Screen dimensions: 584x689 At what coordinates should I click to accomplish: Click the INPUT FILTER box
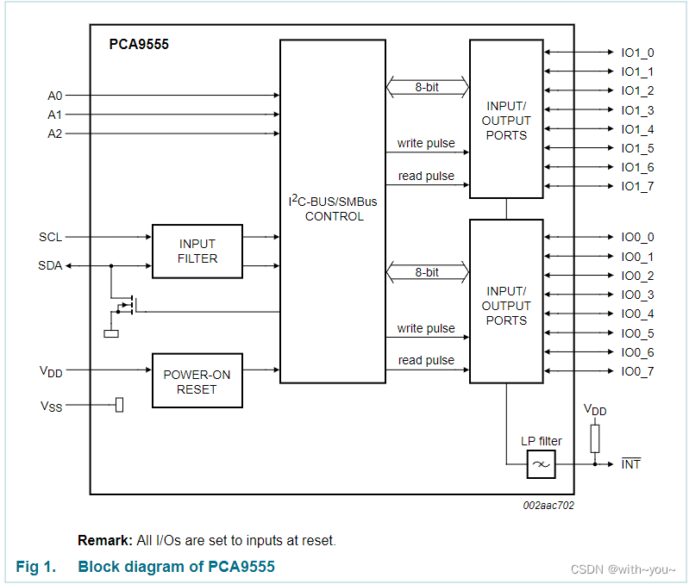(x=197, y=252)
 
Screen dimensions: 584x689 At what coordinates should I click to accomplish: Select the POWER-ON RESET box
(x=197, y=381)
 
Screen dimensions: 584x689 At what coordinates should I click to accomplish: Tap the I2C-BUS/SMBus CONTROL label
(x=334, y=208)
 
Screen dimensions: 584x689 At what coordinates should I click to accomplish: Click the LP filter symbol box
(x=541, y=465)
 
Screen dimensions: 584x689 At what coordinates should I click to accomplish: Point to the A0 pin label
(x=55, y=96)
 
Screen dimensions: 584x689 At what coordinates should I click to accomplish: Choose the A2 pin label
(x=55, y=134)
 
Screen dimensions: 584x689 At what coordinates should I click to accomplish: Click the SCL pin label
(x=51, y=237)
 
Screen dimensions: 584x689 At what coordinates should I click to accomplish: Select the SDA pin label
(x=51, y=265)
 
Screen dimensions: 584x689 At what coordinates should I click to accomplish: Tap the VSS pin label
(x=51, y=406)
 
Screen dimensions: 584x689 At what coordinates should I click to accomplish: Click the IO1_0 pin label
(x=637, y=53)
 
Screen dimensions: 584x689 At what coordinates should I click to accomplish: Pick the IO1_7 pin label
(x=637, y=186)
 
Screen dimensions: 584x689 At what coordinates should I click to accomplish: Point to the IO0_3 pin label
(x=637, y=295)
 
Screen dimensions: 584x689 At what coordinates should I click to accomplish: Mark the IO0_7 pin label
(x=637, y=371)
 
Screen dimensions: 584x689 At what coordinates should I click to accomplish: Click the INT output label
(x=631, y=464)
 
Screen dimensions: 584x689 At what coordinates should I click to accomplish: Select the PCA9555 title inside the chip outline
(x=139, y=45)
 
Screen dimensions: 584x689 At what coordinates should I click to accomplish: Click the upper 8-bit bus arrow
(x=427, y=87)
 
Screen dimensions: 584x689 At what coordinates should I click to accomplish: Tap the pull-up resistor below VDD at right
(x=594, y=438)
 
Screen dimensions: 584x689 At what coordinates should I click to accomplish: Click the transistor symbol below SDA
(x=125, y=305)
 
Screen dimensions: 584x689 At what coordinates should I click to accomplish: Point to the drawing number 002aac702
(x=548, y=506)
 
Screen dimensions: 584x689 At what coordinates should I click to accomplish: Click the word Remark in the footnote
(x=105, y=541)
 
